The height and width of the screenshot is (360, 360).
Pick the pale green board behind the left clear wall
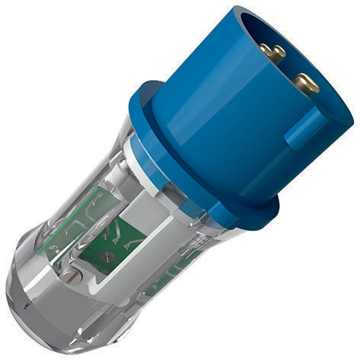72,221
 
